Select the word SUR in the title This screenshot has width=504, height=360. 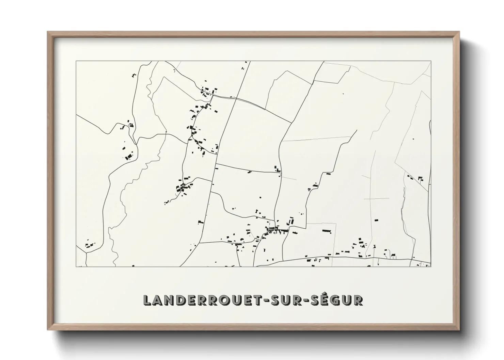(x=285, y=300)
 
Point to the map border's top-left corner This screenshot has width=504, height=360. (x=76, y=61)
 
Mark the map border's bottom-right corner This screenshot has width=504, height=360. (x=431, y=266)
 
